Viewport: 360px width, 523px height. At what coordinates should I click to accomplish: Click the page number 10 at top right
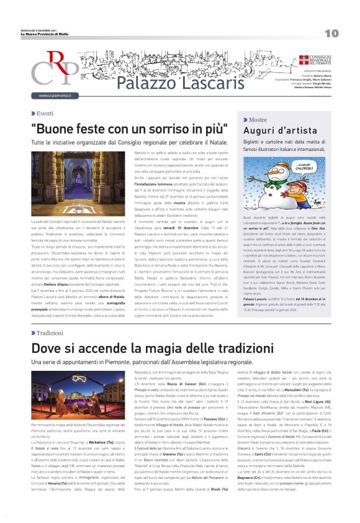(331, 33)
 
